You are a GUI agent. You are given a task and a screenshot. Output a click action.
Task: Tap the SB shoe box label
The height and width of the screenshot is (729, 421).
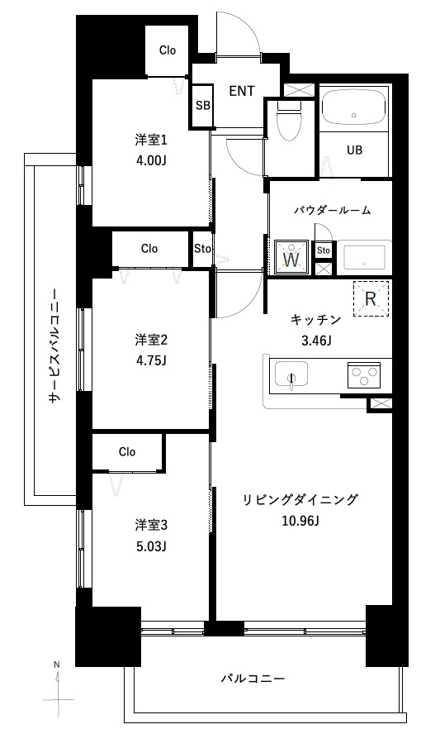tap(202, 105)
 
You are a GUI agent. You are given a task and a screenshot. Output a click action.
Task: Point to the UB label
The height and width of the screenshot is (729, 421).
tap(353, 150)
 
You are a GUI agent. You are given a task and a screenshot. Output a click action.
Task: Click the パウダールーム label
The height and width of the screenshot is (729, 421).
tap(332, 210)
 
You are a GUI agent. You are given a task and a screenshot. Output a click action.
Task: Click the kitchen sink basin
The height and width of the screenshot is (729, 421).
tap(291, 374)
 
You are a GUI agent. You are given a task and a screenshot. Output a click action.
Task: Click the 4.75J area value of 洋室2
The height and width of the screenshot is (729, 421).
tap(151, 360)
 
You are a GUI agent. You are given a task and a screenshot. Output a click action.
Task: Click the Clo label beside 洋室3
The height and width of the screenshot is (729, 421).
tap(126, 451)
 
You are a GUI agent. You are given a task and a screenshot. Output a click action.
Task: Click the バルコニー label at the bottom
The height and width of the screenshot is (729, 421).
tap(253, 679)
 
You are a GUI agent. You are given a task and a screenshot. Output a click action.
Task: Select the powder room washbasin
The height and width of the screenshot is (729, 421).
tap(362, 258)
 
